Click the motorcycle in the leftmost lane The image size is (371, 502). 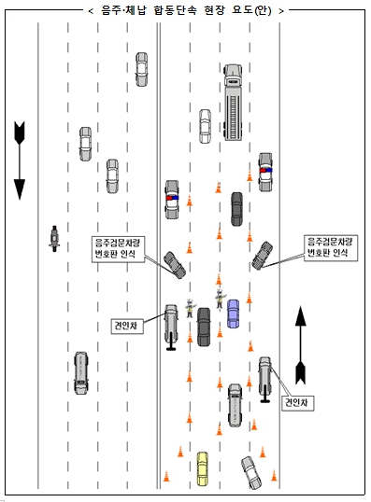pos(54,239)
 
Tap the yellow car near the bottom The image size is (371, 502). pos(203,468)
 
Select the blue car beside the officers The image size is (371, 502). pos(233,314)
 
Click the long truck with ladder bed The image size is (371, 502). pos(233,103)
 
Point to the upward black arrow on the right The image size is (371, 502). pos(301,345)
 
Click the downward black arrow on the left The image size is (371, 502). pos(20,160)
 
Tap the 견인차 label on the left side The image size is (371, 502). pos(127,326)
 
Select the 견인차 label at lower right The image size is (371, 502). pos(297,403)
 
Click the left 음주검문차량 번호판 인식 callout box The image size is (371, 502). pos(118,249)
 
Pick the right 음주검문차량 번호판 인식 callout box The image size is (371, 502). pos(331,248)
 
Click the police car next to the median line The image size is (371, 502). pos(172,200)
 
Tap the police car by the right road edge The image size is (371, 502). pos(265,172)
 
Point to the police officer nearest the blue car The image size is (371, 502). pos(220,299)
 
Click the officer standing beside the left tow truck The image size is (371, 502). pos(190,308)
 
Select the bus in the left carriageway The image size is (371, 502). pos(80,373)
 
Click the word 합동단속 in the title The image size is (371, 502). pos(176,10)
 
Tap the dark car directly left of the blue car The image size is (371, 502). pos(204,327)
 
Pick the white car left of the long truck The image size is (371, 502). pos(205,126)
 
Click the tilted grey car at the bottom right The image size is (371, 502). pos(251,472)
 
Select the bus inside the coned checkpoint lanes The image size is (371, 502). pos(235,406)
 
